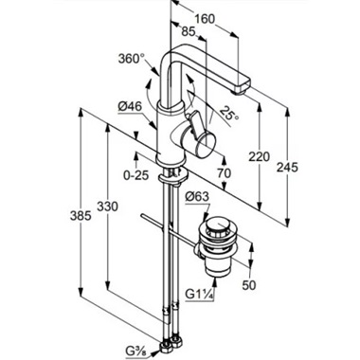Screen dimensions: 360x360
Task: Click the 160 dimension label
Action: [x=205, y=19]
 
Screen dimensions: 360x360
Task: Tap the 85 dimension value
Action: [x=189, y=31]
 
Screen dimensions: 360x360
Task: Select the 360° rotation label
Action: [x=132, y=59]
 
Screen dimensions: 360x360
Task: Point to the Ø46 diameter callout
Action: [x=130, y=107]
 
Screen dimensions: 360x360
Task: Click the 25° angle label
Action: [x=229, y=114]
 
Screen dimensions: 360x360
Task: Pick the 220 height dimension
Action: [x=259, y=156]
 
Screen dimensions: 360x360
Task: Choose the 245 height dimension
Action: [x=287, y=167]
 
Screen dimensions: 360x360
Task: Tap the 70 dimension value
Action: [x=224, y=173]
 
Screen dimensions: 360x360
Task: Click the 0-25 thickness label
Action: [x=135, y=174]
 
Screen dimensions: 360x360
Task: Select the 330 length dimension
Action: [x=107, y=207]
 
